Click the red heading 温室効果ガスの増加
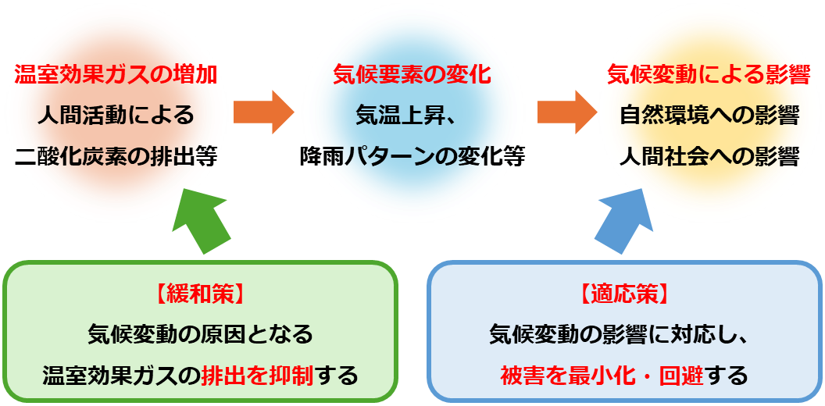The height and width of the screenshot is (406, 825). pos(116,76)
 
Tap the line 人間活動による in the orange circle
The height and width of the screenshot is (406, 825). pos(116,116)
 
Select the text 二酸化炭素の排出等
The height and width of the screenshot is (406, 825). pos(116,156)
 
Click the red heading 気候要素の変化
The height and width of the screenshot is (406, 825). pos(412,76)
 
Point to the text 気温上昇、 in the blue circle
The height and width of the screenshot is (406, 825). pos(412,116)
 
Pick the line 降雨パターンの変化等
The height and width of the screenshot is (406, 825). pos(412,156)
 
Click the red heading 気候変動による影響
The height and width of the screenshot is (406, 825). pos(709,76)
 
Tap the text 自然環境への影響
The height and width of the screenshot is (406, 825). pos(709,116)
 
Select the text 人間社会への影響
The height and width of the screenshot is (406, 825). pos(709,156)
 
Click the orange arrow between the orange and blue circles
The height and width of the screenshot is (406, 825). pos(262,112)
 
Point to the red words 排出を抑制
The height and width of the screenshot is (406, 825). pos(257,376)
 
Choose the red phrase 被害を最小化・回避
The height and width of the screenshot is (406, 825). pos(602,376)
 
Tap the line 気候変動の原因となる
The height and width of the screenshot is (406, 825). pos(200,335)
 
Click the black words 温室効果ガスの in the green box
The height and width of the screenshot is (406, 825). pos(121,376)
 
